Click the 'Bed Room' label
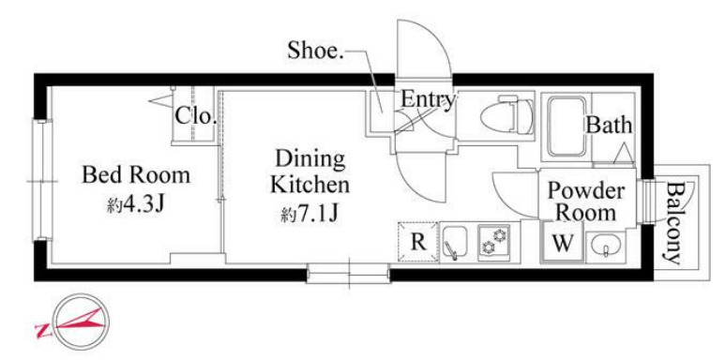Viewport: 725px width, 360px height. coord(136,175)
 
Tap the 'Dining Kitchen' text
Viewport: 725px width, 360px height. coord(310,172)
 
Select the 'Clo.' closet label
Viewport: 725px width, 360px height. coord(196,116)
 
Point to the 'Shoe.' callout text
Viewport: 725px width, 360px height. coord(316,51)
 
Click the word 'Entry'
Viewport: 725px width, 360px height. coord(429,99)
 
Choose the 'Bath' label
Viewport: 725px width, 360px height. coord(609,125)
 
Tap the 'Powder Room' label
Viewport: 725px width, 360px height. coord(586,202)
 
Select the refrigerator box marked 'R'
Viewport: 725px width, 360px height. coord(418,242)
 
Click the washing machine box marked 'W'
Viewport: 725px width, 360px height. coord(563,243)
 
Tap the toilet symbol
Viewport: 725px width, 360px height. coord(506,115)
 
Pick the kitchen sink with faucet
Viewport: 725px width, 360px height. coord(456,242)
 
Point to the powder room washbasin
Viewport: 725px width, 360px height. coord(605,244)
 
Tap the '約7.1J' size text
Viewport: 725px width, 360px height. coord(310,215)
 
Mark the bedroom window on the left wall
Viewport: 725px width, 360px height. coord(41,180)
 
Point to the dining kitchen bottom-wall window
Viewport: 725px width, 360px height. coord(349,274)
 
